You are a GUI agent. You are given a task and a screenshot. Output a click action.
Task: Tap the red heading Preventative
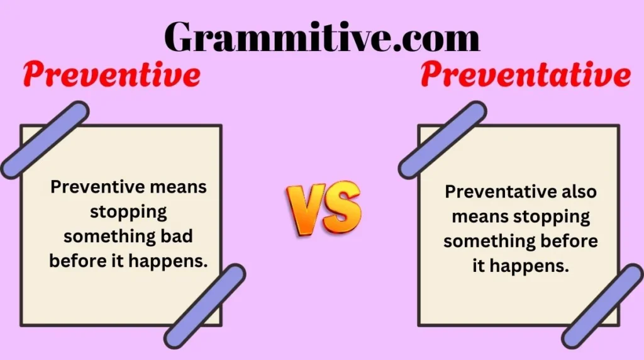[525, 76]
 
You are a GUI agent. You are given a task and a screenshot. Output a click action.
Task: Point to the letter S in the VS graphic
[343, 208]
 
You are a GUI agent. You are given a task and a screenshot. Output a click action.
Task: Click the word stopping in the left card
[128, 211]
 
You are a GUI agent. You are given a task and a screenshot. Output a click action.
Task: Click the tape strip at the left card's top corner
[44, 140]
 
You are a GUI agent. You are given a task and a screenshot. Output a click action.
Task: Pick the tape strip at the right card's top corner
[442, 140]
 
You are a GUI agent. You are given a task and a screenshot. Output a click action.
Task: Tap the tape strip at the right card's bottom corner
[602, 306]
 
